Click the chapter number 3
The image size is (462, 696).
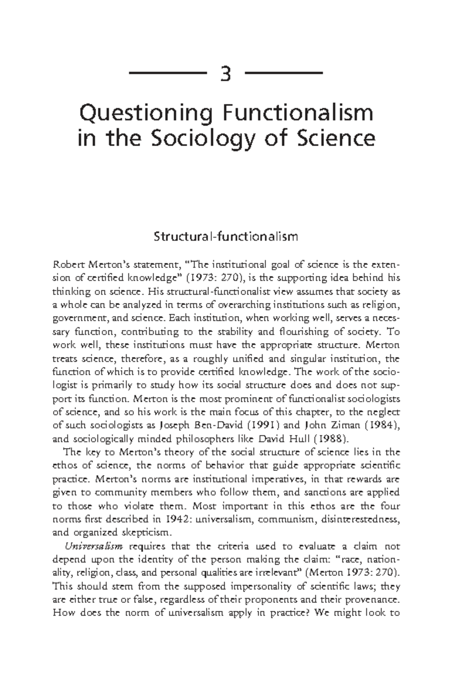pos(226,74)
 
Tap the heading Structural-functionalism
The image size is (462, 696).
pos(226,236)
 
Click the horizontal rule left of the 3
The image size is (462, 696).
pos(166,73)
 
